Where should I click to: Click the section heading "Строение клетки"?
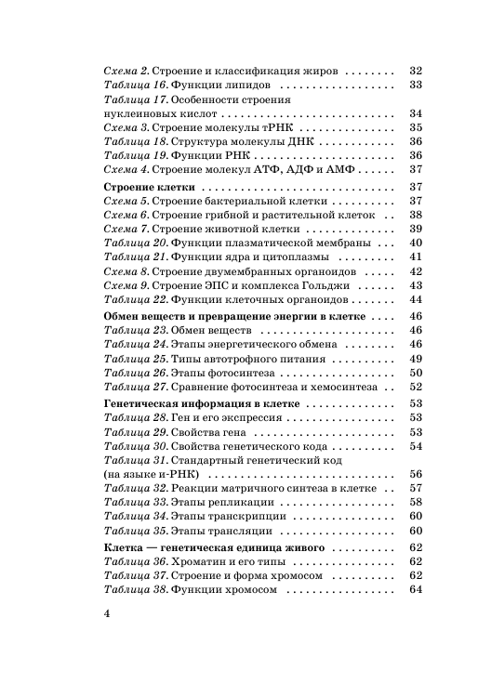click(148, 187)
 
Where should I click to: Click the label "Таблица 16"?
click(134, 85)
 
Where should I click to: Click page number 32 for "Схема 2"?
click(416, 71)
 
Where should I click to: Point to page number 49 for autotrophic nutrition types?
click(416, 359)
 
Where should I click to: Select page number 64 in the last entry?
click(416, 590)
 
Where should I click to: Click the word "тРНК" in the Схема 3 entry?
click(279, 127)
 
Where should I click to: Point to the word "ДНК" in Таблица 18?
click(301, 141)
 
